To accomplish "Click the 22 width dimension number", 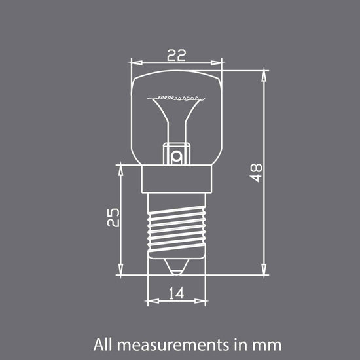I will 176,56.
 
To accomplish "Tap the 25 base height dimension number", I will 113,217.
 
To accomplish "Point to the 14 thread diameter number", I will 176,295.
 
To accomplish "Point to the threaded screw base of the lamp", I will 176,229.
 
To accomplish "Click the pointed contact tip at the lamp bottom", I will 176,268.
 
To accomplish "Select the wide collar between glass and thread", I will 176,177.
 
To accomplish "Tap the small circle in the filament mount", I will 175,156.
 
